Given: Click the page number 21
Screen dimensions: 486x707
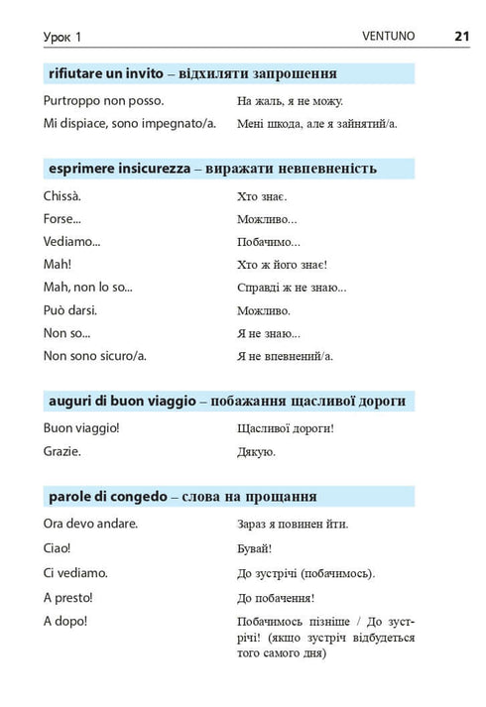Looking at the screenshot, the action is pos(461,36).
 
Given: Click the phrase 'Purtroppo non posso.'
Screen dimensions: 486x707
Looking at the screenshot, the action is pos(104,100).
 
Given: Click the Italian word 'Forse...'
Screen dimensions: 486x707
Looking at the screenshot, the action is pos(62,218).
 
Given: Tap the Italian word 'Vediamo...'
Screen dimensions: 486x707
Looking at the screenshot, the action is pos(72,241).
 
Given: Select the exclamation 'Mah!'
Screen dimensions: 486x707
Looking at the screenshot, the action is pos(58,264).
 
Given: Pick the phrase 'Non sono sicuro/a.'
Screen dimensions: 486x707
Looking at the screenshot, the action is pos(101,355).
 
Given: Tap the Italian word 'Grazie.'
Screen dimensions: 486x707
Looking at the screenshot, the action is pos(62,450).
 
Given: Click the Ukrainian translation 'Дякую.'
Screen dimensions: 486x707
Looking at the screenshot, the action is pos(256,451).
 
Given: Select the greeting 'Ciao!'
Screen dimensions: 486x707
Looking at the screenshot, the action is pos(58,547).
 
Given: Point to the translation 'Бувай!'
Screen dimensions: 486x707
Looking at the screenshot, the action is pos(255,548).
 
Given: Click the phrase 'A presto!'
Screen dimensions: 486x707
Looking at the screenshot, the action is pos(68,597).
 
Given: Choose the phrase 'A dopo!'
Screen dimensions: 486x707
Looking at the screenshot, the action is pos(65,621).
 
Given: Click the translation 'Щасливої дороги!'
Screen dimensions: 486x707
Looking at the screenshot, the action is pos(286,428).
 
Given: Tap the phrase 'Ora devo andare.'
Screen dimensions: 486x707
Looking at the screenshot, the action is pos(91,524).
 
